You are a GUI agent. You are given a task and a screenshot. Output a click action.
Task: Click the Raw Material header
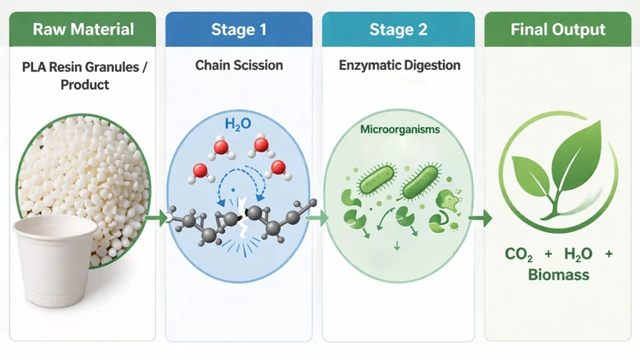[83, 29]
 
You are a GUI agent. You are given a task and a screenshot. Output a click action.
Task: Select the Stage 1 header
[238, 29]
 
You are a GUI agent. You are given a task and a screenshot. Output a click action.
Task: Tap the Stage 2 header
[397, 29]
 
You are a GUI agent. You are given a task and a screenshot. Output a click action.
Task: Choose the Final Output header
[557, 29]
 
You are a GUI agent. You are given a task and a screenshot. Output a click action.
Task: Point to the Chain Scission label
[239, 65]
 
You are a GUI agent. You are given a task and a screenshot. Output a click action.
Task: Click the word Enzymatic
[369, 65]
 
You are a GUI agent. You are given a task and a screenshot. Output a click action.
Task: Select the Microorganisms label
[399, 130]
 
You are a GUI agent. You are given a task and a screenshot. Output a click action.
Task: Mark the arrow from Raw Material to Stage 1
[153, 218]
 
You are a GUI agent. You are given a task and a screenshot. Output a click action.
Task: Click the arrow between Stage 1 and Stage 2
[317, 218]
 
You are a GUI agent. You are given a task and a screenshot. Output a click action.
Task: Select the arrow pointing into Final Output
[480, 218]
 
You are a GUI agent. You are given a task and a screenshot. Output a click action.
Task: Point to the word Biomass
[557, 274]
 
